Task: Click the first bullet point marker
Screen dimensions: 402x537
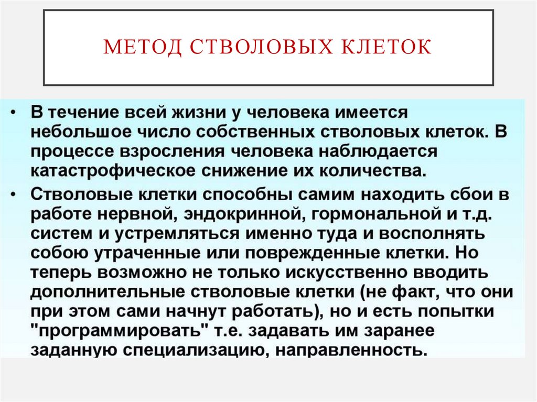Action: pyautogui.click(x=17, y=113)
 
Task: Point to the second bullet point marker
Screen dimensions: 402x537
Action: pyautogui.click(x=17, y=193)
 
